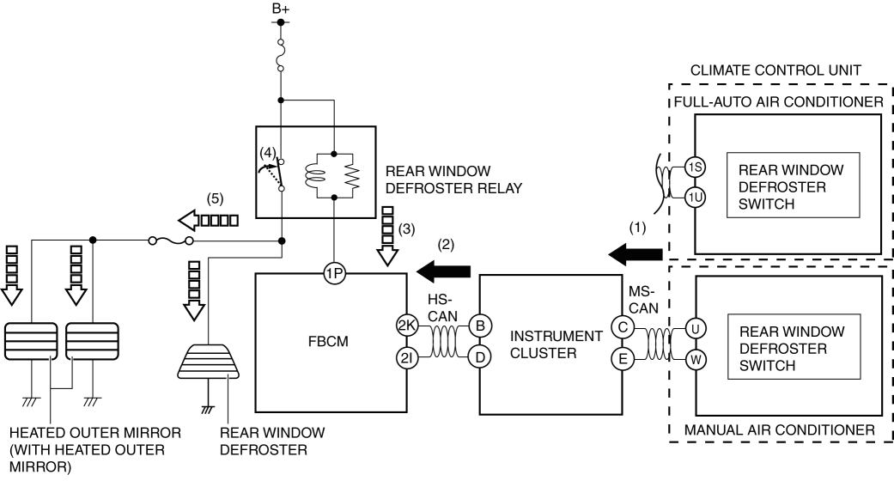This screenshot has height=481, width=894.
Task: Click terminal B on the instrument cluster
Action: coord(479,325)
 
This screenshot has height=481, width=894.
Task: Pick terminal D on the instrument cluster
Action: coord(479,355)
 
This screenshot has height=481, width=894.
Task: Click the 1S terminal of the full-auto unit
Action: coord(696,168)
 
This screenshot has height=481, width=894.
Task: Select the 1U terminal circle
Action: coord(696,198)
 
